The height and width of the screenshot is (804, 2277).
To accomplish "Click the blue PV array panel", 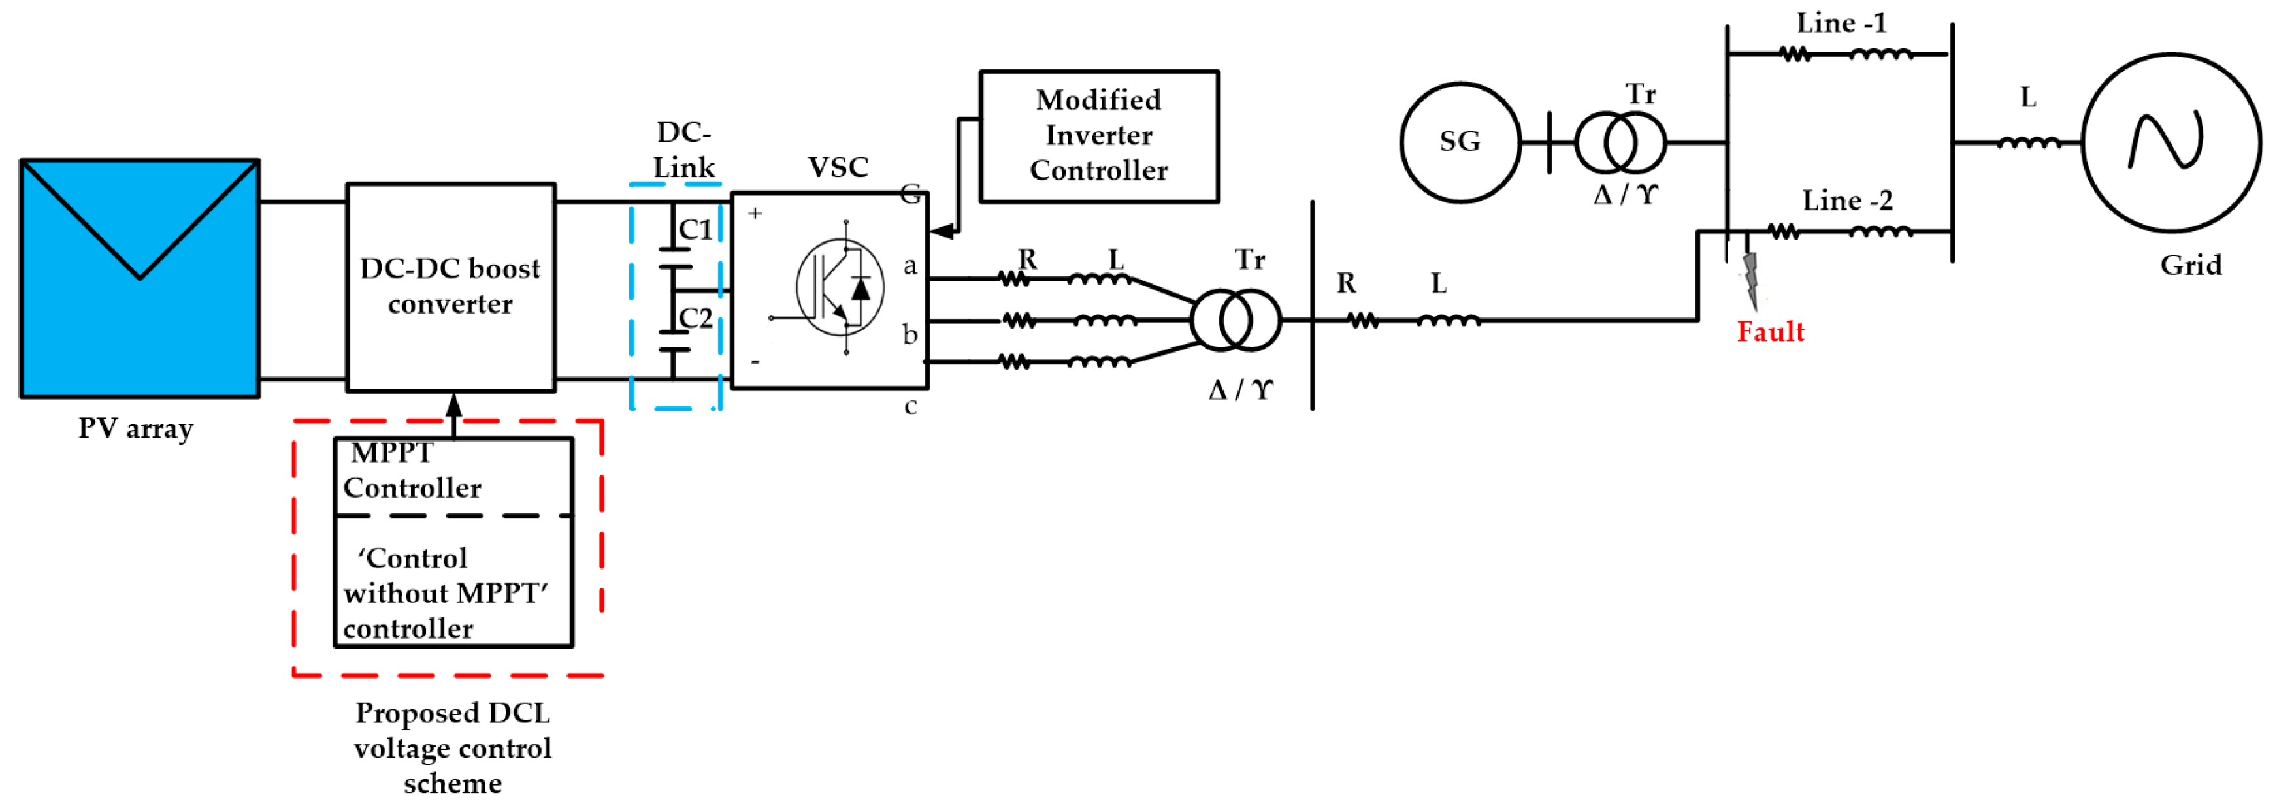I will pyautogui.click(x=140, y=278).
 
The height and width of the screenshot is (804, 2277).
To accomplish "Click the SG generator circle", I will pyautogui.click(x=1460, y=141).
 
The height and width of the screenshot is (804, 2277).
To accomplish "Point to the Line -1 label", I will pyautogui.click(x=1841, y=23).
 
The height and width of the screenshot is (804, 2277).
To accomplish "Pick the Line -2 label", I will pyautogui.click(x=1848, y=201).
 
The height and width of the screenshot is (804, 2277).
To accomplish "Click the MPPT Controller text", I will pyautogui.click(x=412, y=471).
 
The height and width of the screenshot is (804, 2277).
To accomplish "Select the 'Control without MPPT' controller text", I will pyautogui.click(x=444, y=593).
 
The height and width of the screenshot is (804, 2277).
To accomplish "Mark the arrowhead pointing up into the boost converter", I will pyautogui.click(x=453, y=406).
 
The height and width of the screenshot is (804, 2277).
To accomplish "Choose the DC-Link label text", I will pyautogui.click(x=683, y=150).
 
